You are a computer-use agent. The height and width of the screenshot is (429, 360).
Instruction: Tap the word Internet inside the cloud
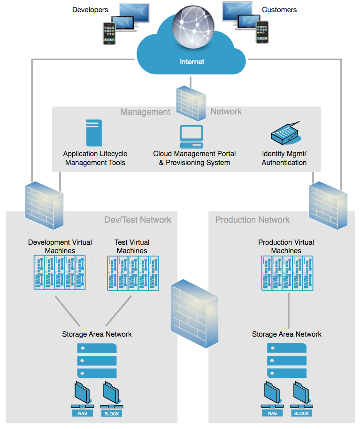pyautogui.click(x=192, y=61)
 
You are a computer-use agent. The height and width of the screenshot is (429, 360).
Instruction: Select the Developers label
pyautogui.click(x=90, y=9)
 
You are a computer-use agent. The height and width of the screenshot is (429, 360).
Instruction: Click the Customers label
pyautogui.click(x=279, y=9)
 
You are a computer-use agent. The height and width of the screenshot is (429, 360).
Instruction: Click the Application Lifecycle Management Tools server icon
pyautogui.click(x=94, y=133)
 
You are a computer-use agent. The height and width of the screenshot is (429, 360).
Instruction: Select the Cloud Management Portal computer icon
pyautogui.click(x=191, y=136)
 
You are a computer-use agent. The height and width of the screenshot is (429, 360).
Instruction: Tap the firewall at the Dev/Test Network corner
pyautogui.click(x=44, y=205)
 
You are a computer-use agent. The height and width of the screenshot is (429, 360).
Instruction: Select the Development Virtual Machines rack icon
pyautogui.click(x=60, y=273)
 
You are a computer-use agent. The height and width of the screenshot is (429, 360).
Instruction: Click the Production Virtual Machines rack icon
pyautogui.click(x=286, y=273)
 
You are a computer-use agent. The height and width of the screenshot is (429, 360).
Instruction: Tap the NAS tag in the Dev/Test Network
pyautogui.click(x=83, y=414)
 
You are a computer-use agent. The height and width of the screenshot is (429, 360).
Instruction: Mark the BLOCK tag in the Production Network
pyautogui.click(x=301, y=413)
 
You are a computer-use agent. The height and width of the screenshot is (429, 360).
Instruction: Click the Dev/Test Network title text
pyautogui.click(x=138, y=219)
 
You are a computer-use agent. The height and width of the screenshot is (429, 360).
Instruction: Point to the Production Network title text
pyautogui.click(x=253, y=219)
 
